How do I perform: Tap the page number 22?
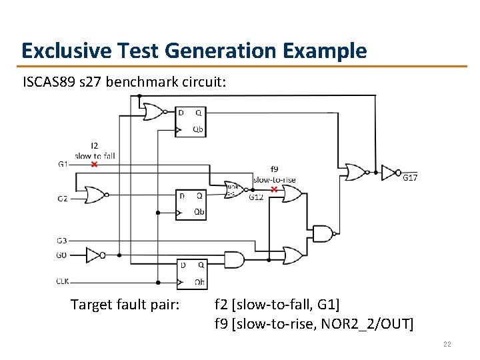[448, 344]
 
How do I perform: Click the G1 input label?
[63, 164]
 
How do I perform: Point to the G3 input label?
[63, 240]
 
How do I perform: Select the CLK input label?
[63, 281]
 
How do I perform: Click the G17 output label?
[410, 177]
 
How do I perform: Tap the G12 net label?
[256, 197]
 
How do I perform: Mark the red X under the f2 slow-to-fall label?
[94, 164]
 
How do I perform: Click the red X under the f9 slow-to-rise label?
[274, 189]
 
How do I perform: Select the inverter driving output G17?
[389, 173]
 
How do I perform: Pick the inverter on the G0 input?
[95, 255]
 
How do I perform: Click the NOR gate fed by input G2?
[94, 195]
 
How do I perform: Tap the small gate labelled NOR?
[233, 189]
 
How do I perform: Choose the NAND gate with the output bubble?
[323, 233]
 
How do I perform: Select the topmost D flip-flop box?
[191, 121]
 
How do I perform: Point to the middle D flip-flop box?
[191, 204]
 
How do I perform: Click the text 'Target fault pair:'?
[125, 305]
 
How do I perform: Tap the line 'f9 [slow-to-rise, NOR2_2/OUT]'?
[313, 324]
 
